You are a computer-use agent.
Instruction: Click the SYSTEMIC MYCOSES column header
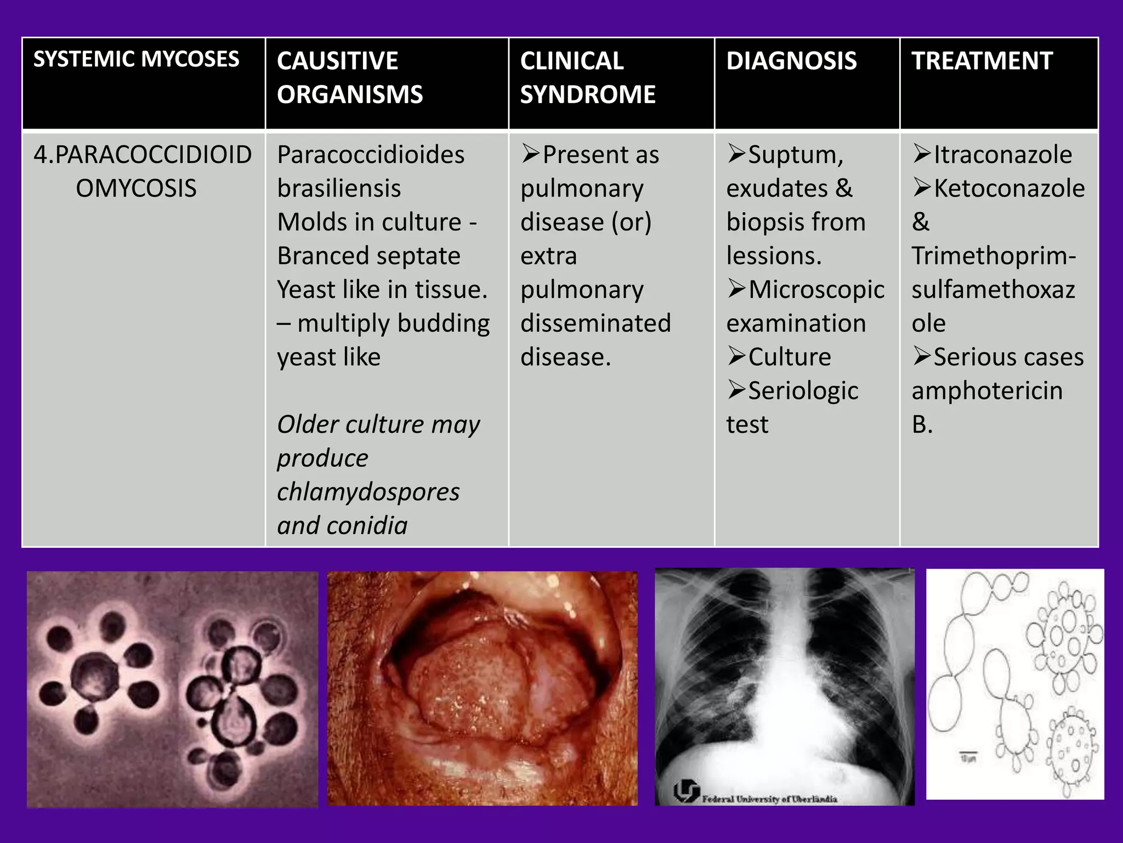pyautogui.click(x=136, y=59)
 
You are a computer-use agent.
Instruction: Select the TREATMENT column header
pyautogui.click(x=982, y=61)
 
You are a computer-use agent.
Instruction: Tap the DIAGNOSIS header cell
pyautogui.click(x=791, y=61)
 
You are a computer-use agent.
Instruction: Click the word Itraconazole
pyautogui.click(x=1002, y=155)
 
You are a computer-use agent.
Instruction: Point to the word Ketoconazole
pyautogui.click(x=1009, y=189)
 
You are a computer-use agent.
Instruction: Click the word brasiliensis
pyautogui.click(x=339, y=189)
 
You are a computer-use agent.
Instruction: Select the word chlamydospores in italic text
pyautogui.click(x=368, y=492)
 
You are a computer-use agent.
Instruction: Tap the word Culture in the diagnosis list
pyautogui.click(x=789, y=357)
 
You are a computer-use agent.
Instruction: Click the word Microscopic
pyautogui.click(x=816, y=290)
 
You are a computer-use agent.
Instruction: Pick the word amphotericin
pyautogui.click(x=987, y=391)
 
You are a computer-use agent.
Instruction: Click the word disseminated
pyautogui.click(x=595, y=323)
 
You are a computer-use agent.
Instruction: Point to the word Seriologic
pyautogui.click(x=803, y=391)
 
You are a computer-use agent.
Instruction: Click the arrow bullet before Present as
pyautogui.click(x=530, y=154)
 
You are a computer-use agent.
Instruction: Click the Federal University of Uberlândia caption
pyautogui.click(x=769, y=799)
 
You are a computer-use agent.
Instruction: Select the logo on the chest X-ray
pyautogui.click(x=687, y=791)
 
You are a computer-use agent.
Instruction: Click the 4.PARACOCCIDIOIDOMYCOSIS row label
pyautogui.click(x=143, y=171)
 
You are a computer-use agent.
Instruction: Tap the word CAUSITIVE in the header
pyautogui.click(x=337, y=61)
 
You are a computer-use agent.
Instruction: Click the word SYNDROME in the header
pyautogui.click(x=587, y=94)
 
